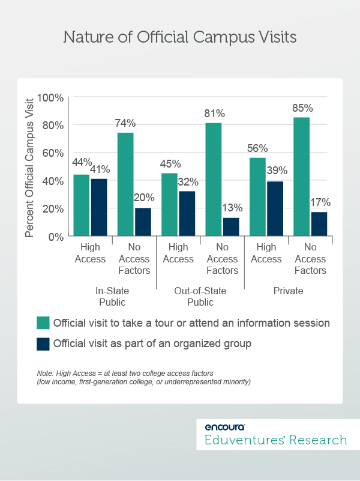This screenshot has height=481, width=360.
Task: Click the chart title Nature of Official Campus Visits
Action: click(x=180, y=37)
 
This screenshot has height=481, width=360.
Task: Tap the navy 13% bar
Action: click(x=230, y=227)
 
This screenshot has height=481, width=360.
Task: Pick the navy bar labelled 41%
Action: click(x=98, y=207)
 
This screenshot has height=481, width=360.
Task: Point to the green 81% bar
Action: click(x=214, y=180)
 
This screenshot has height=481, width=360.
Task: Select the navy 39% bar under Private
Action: click(x=275, y=209)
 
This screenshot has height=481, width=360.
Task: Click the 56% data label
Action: click(x=258, y=148)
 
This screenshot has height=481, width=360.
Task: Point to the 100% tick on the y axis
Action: click(x=50, y=97)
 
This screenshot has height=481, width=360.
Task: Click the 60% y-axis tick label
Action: click(x=53, y=153)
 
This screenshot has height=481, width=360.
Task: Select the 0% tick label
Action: click(x=56, y=237)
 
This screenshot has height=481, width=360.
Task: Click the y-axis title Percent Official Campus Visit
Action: click(x=29, y=166)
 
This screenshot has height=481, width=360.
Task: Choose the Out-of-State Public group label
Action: click(x=200, y=296)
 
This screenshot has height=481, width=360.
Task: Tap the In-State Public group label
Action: click(x=112, y=296)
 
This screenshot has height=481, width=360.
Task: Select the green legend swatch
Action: click(x=42, y=322)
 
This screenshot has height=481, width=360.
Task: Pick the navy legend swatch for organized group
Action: click(x=42, y=344)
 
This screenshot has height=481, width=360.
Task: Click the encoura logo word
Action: click(x=224, y=427)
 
